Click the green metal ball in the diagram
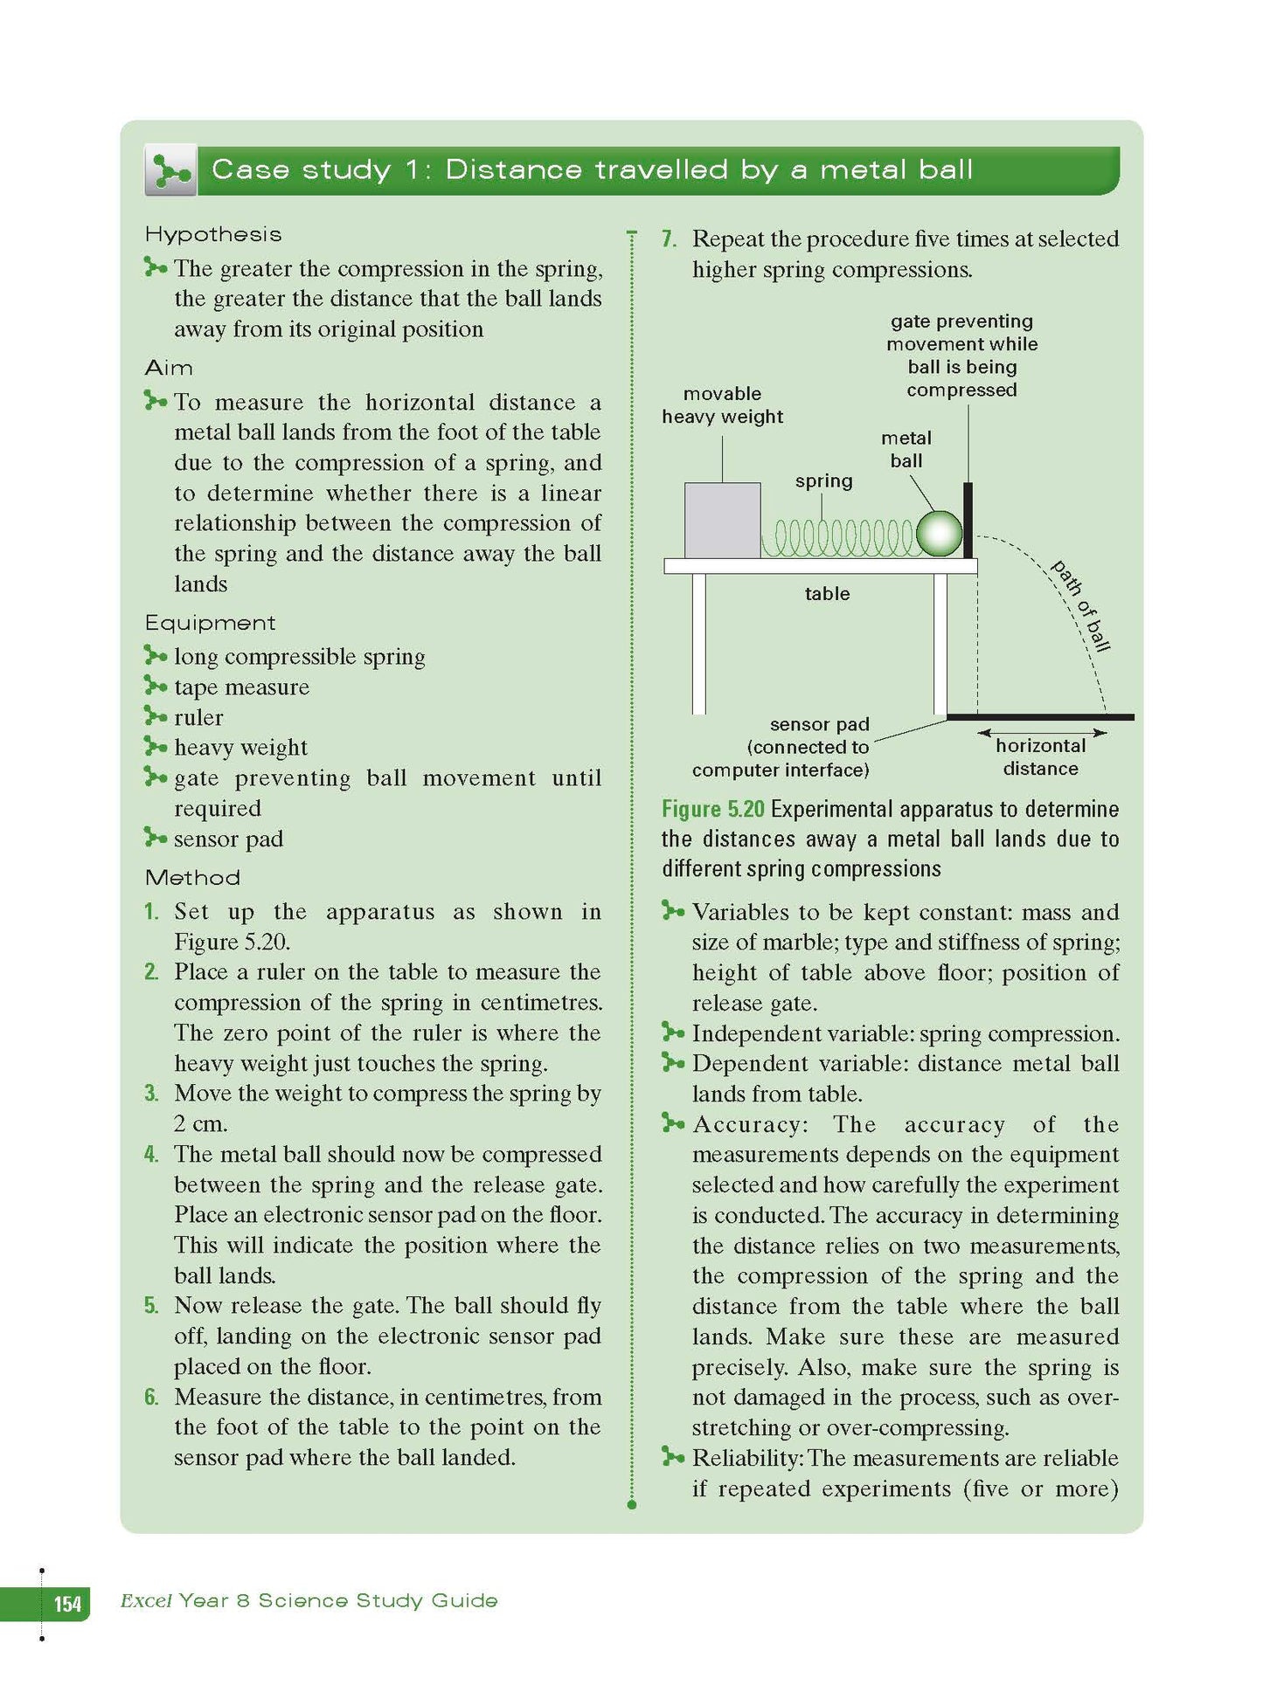pyautogui.click(x=938, y=534)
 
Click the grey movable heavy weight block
pyautogui.click(x=722, y=521)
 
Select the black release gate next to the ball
pyautogui.click(x=968, y=521)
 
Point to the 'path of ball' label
pyautogui.click(x=1080, y=605)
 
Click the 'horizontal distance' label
pyautogui.click(x=1040, y=757)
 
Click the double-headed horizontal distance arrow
pyautogui.click(x=1041, y=733)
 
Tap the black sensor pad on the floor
pyautogui.click(x=1040, y=717)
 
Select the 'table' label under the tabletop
pyautogui.click(x=827, y=594)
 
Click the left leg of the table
pyautogui.click(x=698, y=644)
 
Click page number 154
pyautogui.click(x=67, y=1604)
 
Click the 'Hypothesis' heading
pyautogui.click(x=213, y=234)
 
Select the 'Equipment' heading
pyautogui.click(x=210, y=623)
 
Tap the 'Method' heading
pyautogui.click(x=192, y=877)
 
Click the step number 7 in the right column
pyautogui.click(x=669, y=239)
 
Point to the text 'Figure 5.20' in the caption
pyautogui.click(x=712, y=809)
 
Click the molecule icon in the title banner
pyautogui.click(x=170, y=170)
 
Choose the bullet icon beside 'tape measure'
pyautogui.click(x=155, y=685)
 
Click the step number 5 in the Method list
pyautogui.click(x=151, y=1306)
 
